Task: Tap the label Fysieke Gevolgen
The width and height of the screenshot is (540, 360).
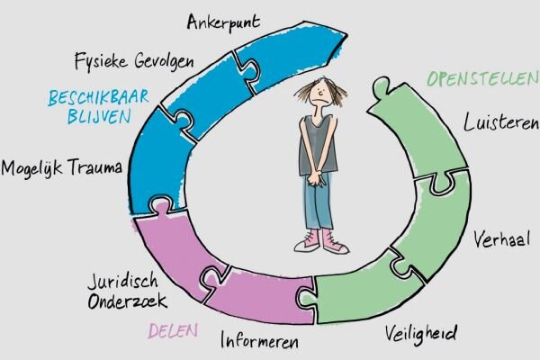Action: (x=132, y=60)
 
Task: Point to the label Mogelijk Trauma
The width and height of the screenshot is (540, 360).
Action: (x=62, y=167)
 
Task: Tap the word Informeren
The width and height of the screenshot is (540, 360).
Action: (x=258, y=341)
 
